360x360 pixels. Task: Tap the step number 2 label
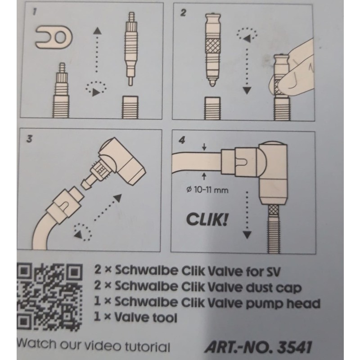point(183,13)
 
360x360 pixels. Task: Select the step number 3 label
point(29,139)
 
